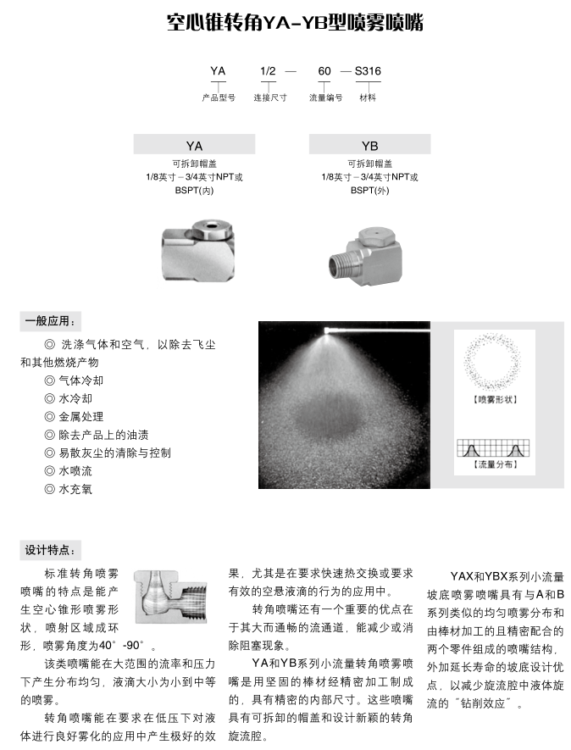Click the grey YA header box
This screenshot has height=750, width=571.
coord(194,146)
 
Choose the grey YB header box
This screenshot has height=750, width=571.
coord(369,146)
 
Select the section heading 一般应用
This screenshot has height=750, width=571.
coord(52,321)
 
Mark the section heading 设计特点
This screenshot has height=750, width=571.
coord(52,550)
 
